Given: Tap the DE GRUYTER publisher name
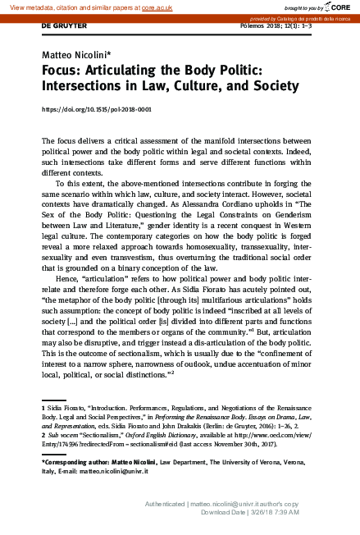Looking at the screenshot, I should (63, 26).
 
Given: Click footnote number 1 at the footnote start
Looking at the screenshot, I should (43, 407).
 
